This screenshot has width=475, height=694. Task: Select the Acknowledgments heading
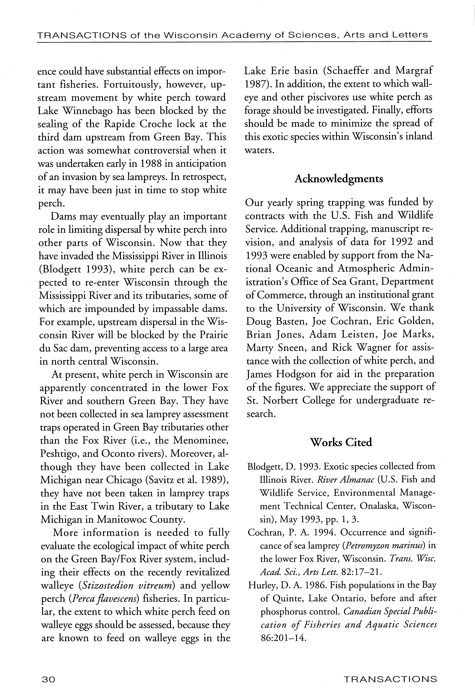(339, 179)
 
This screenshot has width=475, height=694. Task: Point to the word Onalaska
(379, 506)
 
